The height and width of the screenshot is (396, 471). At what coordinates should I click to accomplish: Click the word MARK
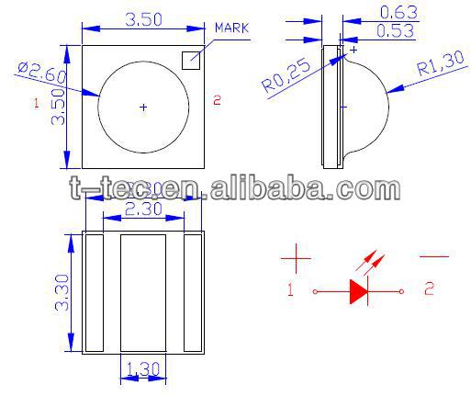pyautogui.click(x=231, y=28)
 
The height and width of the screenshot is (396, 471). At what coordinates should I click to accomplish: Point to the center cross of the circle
pyautogui.click(x=142, y=107)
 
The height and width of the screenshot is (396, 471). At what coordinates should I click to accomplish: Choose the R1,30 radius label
pyautogui.click(x=437, y=70)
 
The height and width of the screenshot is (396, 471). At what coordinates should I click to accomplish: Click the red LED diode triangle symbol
pyautogui.click(x=357, y=291)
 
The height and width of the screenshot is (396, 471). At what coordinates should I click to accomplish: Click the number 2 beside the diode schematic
pyautogui.click(x=429, y=290)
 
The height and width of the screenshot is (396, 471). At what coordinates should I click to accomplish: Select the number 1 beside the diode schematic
pyautogui.click(x=290, y=291)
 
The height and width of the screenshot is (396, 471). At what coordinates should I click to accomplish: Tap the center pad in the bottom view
pyautogui.click(x=142, y=291)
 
